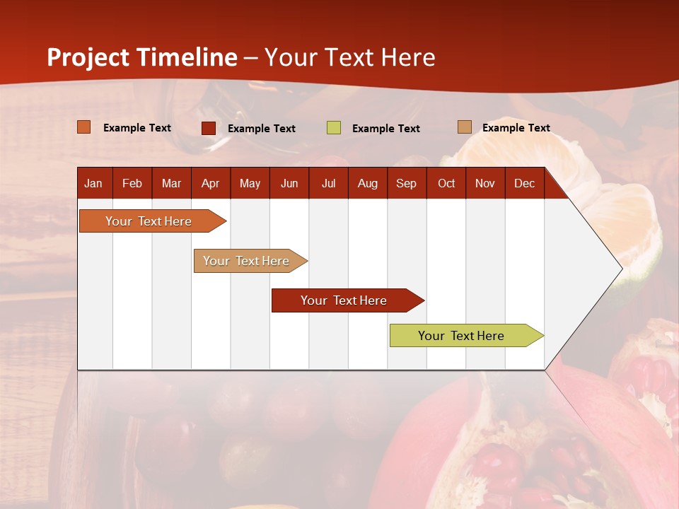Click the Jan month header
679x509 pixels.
(x=93, y=183)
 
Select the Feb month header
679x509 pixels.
(x=132, y=183)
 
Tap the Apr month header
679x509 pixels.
(x=210, y=183)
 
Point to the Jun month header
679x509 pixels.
(x=289, y=183)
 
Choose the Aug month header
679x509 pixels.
(x=367, y=183)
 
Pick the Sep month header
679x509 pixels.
(x=406, y=183)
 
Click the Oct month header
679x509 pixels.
(x=446, y=183)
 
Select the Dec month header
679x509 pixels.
(x=524, y=183)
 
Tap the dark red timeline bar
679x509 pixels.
(x=344, y=300)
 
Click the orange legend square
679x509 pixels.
(x=84, y=127)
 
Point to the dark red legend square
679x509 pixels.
(x=209, y=128)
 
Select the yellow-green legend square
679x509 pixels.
(x=334, y=128)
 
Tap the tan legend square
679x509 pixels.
(x=464, y=127)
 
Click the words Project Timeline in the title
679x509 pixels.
(x=141, y=57)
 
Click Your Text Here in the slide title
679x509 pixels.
(x=350, y=57)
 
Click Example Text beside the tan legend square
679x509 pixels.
(x=516, y=128)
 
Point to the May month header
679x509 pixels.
(x=250, y=183)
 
